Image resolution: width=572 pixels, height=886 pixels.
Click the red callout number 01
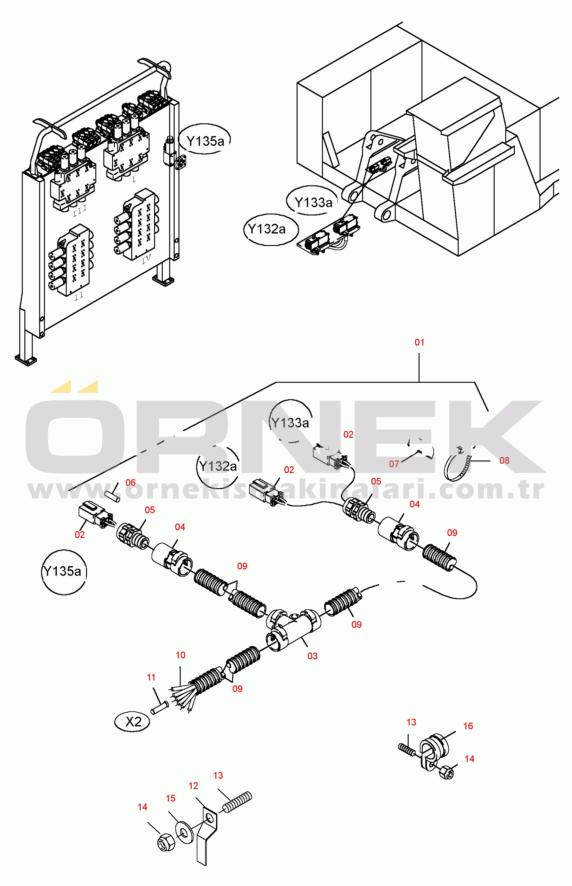(x=419, y=342)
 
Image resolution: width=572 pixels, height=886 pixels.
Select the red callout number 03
(x=312, y=656)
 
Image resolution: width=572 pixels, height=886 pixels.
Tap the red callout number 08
(x=504, y=461)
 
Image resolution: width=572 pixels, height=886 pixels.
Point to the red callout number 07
(x=394, y=464)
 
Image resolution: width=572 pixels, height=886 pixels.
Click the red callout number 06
(x=130, y=483)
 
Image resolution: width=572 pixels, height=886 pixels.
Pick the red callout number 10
(x=180, y=655)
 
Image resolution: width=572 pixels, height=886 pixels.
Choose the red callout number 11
(x=151, y=678)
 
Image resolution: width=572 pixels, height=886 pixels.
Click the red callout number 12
(x=193, y=786)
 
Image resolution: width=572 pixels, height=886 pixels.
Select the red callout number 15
(x=170, y=798)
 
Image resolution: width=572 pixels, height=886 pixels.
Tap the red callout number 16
(x=468, y=726)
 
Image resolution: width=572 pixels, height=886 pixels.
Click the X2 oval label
(x=133, y=722)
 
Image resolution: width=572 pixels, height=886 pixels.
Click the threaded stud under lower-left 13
(x=237, y=803)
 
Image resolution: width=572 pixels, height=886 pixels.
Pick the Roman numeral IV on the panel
(x=146, y=259)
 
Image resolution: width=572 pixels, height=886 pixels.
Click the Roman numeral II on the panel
(x=79, y=296)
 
